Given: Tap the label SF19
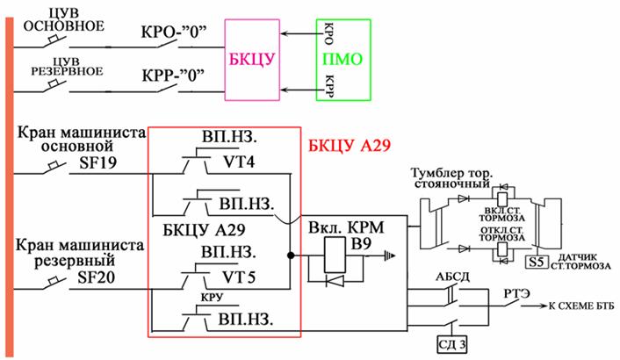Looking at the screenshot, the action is click(x=98, y=162).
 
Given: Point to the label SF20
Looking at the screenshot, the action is click(x=96, y=277).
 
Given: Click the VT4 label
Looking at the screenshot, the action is click(x=239, y=162).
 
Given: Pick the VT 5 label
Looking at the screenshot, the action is click(x=239, y=277).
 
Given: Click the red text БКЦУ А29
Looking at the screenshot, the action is click(x=350, y=146).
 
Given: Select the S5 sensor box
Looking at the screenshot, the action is click(x=537, y=262).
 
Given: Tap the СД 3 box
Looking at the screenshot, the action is click(x=452, y=344).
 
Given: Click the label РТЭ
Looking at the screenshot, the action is click(x=516, y=293).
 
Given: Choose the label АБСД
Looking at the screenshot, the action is click(x=452, y=277).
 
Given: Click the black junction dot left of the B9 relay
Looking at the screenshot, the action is click(x=291, y=256).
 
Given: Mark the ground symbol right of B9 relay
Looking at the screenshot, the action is click(x=390, y=256).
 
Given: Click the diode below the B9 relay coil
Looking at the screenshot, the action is click(x=335, y=281).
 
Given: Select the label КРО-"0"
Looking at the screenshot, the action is click(x=174, y=32).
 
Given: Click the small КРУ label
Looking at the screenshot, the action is click(x=212, y=297).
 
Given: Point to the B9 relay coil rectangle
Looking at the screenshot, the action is click(x=335, y=255).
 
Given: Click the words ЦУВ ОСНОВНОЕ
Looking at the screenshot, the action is click(x=63, y=21).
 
